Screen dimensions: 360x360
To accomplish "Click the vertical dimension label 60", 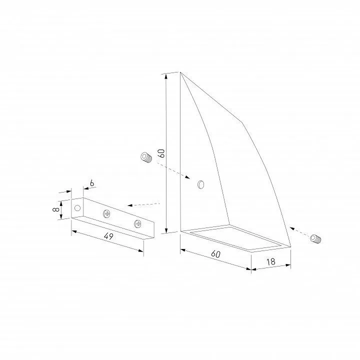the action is [x=161, y=153].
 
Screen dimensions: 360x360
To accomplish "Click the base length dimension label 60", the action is [x=215, y=254].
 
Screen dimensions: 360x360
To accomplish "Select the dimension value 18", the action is [x=271, y=261].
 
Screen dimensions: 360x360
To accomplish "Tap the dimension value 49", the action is [x=108, y=236].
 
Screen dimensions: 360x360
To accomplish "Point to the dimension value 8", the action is [x=56, y=209].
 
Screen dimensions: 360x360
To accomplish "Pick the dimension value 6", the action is [x=92, y=183].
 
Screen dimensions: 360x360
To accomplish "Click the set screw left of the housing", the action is [x=146, y=157].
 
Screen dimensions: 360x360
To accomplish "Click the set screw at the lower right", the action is [x=315, y=238].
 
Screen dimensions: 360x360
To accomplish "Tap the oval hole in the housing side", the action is [x=201, y=184].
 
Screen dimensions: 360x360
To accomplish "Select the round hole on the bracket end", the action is [x=77, y=208].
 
